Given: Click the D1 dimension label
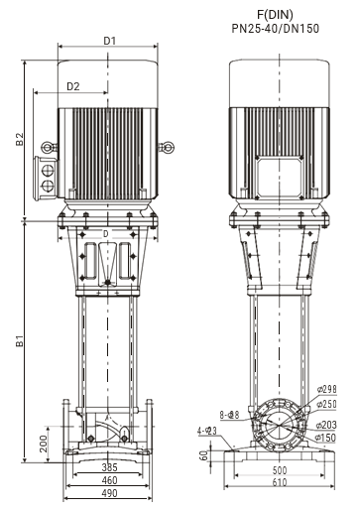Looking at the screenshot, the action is [x=110, y=41].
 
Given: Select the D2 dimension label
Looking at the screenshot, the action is [x=73, y=86].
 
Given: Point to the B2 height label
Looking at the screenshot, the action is [x=20, y=139].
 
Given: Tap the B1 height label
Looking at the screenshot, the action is [x=20, y=340].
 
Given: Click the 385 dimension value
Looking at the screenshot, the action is [x=109, y=467].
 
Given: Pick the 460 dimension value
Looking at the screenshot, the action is [x=109, y=480].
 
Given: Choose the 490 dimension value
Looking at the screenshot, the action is [x=109, y=493].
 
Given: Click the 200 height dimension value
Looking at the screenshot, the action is [x=44, y=444].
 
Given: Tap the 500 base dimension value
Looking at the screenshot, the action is [x=280, y=470].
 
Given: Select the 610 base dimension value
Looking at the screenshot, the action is [x=280, y=482].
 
